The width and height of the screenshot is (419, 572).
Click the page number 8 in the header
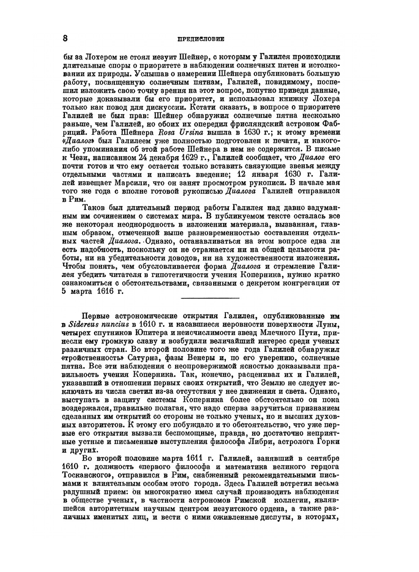tap(65, 38)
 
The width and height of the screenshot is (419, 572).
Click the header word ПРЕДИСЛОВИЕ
tap(200, 39)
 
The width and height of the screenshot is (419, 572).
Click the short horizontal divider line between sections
tap(209, 298)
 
